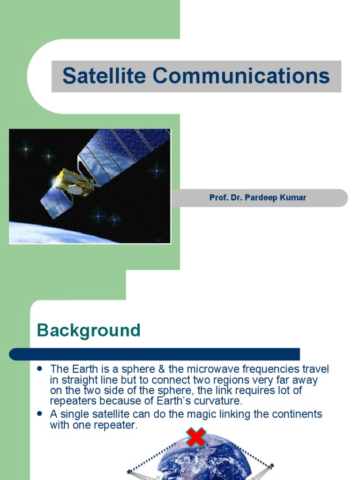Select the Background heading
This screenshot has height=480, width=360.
(x=89, y=330)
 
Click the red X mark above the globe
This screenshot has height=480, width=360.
(x=196, y=437)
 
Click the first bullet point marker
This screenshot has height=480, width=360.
(x=40, y=368)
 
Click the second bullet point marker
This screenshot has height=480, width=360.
(x=40, y=413)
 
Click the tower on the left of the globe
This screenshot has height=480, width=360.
(x=134, y=473)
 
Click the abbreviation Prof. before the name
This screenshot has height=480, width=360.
(x=218, y=198)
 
